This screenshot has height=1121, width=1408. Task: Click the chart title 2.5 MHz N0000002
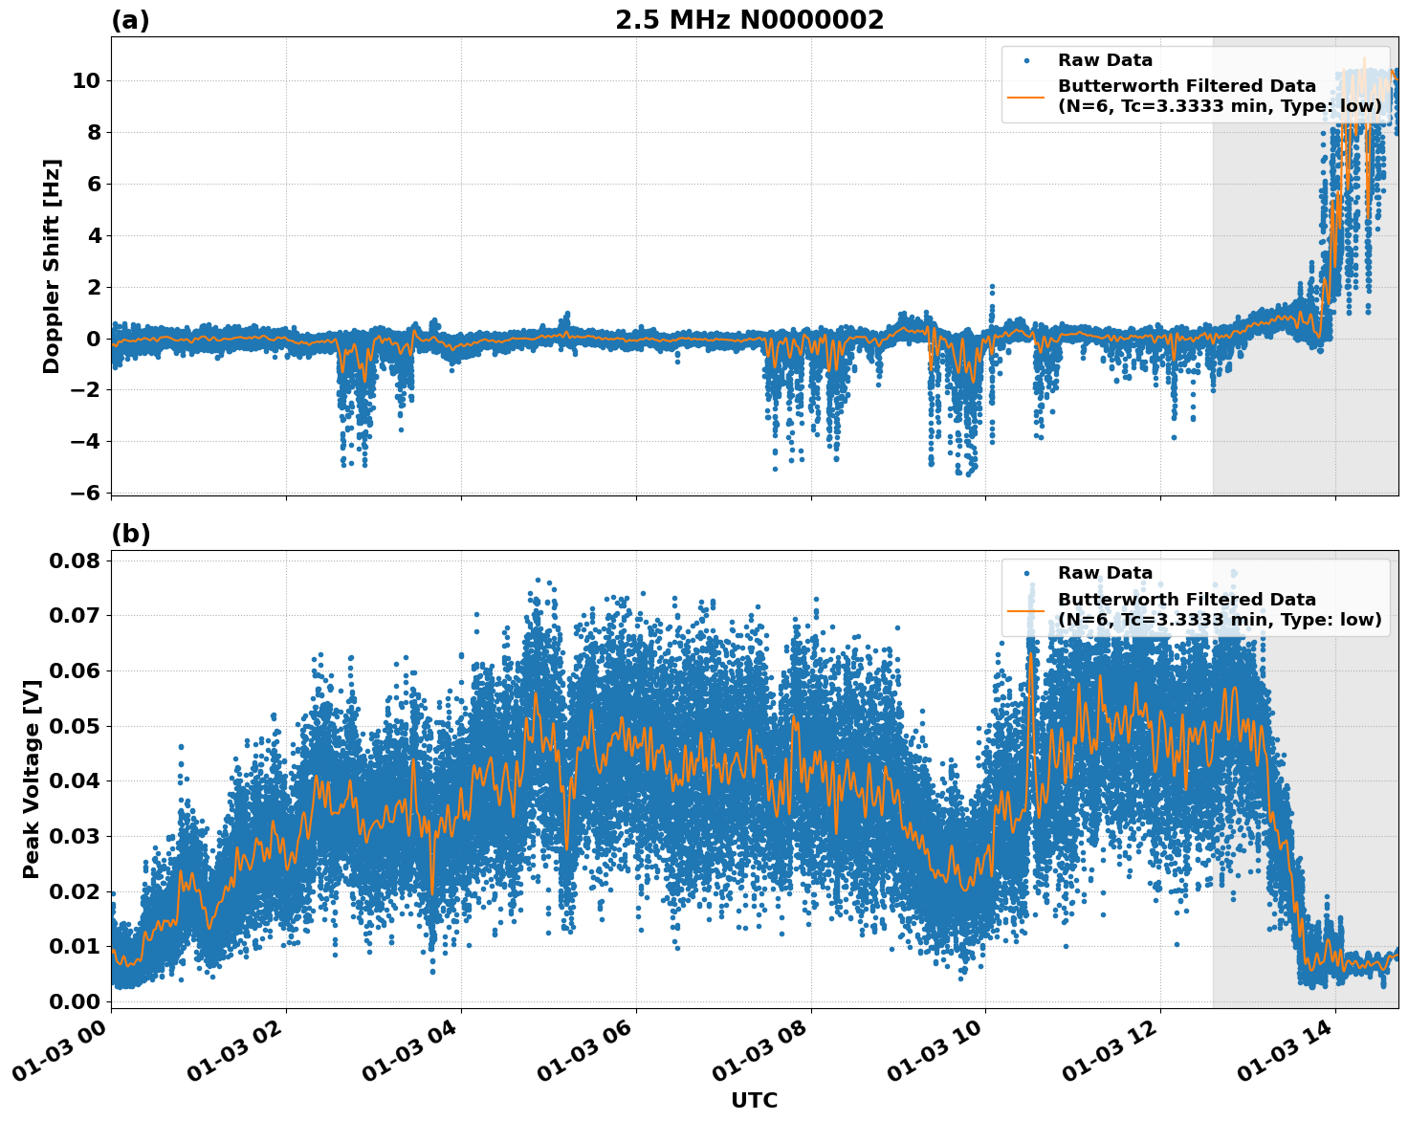coord(749,20)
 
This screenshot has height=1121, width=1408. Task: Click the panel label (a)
coord(130,20)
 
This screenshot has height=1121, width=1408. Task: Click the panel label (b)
coord(130,534)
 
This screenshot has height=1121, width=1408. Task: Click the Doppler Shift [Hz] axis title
coord(52,266)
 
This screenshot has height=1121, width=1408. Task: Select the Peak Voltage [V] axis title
coord(32,800)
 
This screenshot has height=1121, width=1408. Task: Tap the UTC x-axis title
coord(754,1100)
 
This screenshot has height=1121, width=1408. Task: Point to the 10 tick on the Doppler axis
coord(86,80)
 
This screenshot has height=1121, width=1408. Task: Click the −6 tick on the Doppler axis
coord(86,493)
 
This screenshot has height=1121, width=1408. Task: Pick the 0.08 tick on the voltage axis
coord(75,560)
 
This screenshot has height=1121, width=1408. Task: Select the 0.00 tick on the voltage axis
coord(75,1001)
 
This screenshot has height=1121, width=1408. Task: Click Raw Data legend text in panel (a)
coord(1105,60)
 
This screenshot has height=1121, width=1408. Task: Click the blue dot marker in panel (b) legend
coord(1026,574)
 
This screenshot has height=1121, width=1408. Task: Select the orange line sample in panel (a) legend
coord(1026,97)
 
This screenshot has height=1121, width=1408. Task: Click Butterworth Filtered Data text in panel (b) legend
coord(1186,600)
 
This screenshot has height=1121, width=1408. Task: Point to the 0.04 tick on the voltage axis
coord(75,780)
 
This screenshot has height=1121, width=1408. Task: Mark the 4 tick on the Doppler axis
coord(94,235)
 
